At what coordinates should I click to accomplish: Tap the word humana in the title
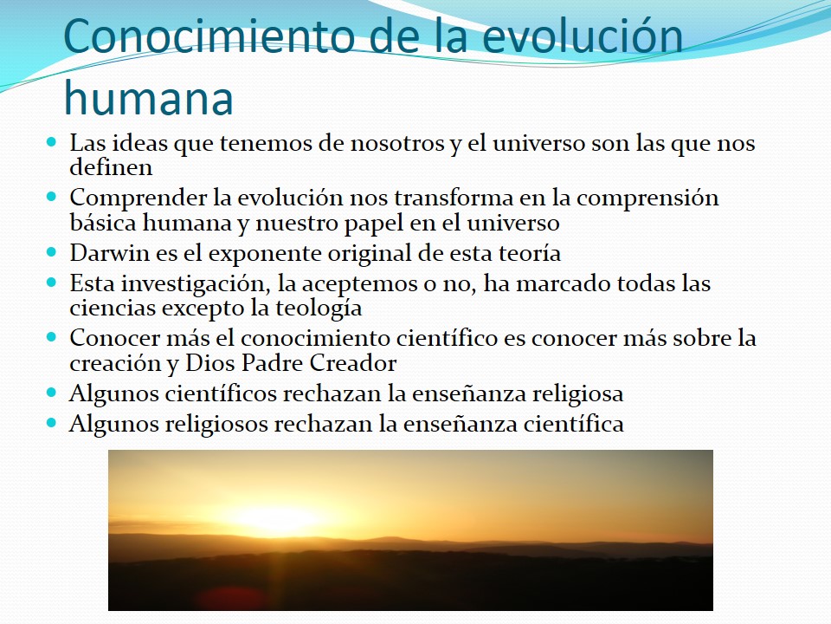148,98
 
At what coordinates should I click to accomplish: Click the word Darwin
110,253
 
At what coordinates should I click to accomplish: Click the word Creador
353,363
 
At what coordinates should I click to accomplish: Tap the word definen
111,167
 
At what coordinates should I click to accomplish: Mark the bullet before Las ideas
51,141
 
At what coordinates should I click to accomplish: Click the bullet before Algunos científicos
51,393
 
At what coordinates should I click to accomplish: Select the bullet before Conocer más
51,336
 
